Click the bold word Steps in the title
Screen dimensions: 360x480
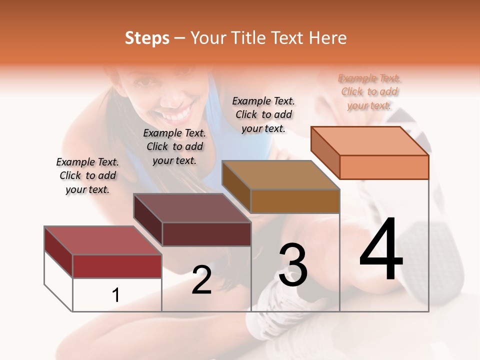coord(147,38)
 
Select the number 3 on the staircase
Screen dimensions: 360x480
coord(293,265)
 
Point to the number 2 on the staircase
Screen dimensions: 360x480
coord(201,280)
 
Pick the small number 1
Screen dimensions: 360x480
coord(116,295)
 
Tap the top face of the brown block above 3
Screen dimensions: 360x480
coord(281,174)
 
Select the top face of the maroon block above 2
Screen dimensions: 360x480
coord(192,207)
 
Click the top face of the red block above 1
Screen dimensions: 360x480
coord(103,240)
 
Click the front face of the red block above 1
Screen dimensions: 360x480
coord(117,266)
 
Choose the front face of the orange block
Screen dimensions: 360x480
coord(384,167)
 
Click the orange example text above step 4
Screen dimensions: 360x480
coord(369,91)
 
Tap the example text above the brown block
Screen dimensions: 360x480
coord(263,114)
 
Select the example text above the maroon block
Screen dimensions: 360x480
coord(174,146)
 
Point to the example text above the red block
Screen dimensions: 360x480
coord(87,175)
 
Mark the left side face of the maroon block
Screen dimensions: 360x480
coord(148,220)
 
